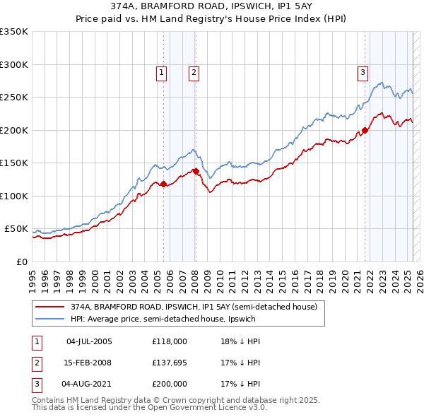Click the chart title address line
pyautogui.click(x=212, y=5)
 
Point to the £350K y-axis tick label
pyautogui.click(x=14, y=32)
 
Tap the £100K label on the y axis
pyautogui.click(x=14, y=196)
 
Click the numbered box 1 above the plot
pyautogui.click(x=162, y=71)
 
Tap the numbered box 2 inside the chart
pyautogui.click(x=193, y=71)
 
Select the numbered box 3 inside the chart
pyautogui.click(x=363, y=71)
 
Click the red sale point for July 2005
pyautogui.click(x=163, y=184)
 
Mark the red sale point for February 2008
pyautogui.click(x=196, y=171)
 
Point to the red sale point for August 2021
pyautogui.click(x=365, y=130)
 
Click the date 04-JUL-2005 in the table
pyautogui.click(x=89, y=341)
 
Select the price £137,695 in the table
pyautogui.click(x=169, y=363)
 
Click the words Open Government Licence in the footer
pyautogui.click(x=199, y=408)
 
